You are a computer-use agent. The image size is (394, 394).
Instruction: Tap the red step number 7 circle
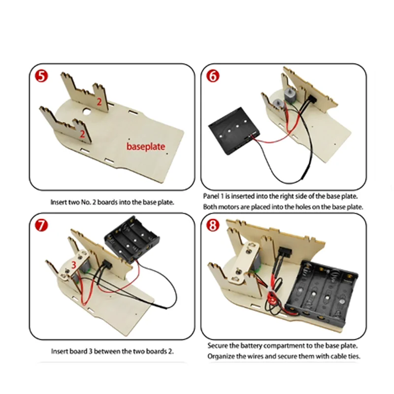(x=42, y=225)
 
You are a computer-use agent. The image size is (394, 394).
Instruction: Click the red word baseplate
(x=146, y=146)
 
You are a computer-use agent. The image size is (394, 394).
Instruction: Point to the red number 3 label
(x=74, y=264)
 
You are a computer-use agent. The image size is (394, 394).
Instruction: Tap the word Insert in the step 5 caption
(x=59, y=202)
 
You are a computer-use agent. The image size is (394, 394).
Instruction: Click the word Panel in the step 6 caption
(x=212, y=196)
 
